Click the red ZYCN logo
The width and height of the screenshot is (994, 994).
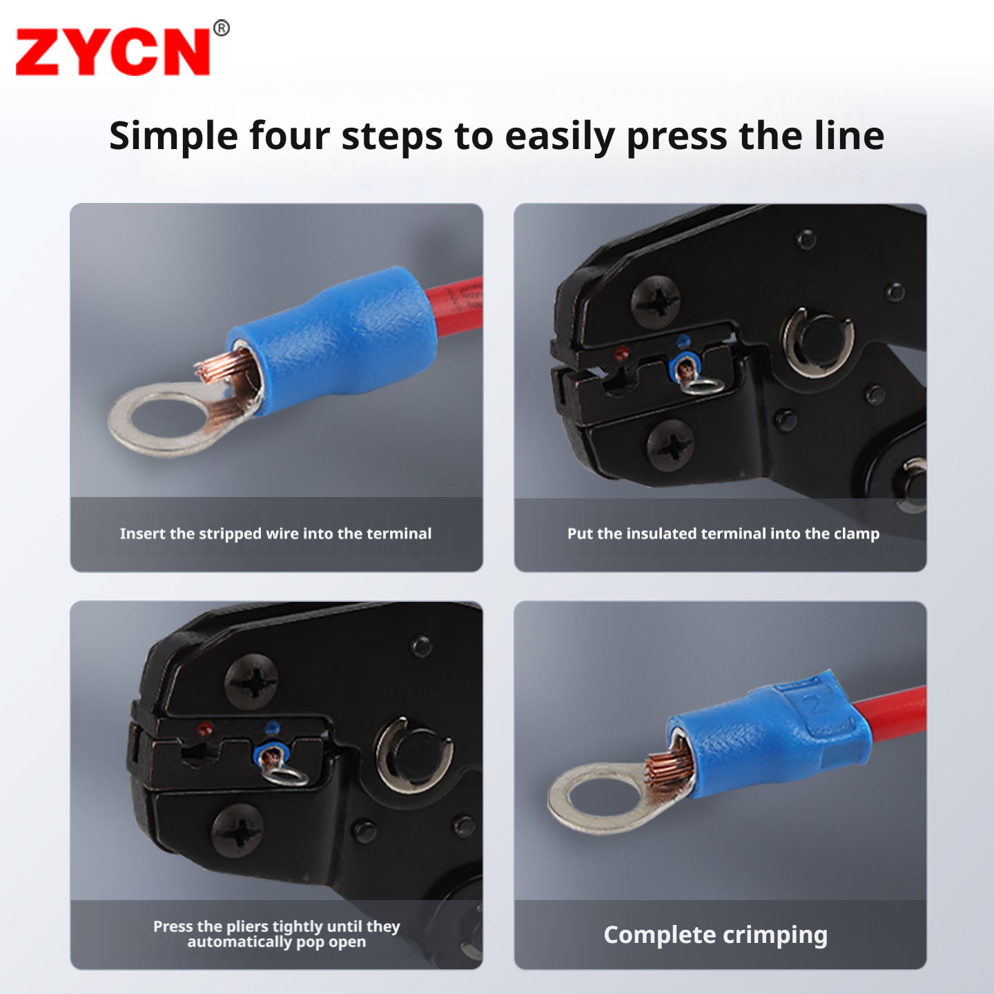[113, 52]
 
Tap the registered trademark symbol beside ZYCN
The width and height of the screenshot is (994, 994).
[222, 28]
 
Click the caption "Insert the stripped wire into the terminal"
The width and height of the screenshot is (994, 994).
[276, 534]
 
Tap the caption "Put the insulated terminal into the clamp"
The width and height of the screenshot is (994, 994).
[723, 534]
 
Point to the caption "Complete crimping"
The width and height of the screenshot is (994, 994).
[715, 935]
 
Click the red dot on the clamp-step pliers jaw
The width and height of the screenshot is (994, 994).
[621, 353]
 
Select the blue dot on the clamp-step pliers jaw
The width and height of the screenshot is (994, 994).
[683, 340]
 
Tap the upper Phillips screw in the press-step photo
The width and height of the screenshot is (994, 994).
[251, 681]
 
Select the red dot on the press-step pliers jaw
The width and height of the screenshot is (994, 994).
[205, 728]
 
